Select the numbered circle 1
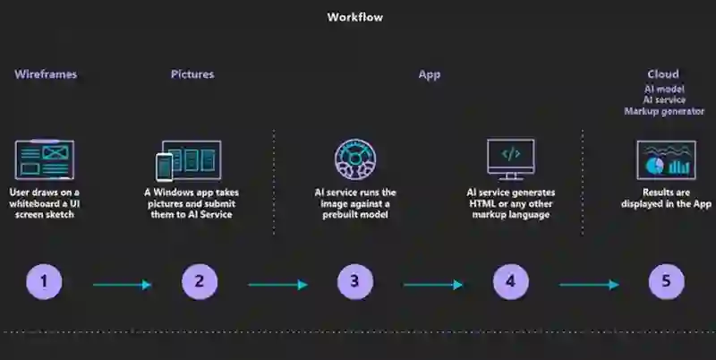[44, 282]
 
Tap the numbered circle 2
[200, 282]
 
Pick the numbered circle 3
[354, 282]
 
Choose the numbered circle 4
[510, 282]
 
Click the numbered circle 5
[666, 282]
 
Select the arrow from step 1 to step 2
[123, 285]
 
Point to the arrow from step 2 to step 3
[278, 285]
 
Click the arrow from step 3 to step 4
[433, 285]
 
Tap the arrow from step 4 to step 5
[589, 285]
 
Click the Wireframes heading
[46, 74]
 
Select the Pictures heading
[192, 74]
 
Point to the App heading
[430, 74]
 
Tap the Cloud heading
[663, 74]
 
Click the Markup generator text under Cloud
[663, 111]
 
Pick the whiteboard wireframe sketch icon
[45, 159]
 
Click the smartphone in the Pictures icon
[164, 167]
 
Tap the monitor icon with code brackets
[510, 158]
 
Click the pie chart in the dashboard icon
[653, 166]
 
